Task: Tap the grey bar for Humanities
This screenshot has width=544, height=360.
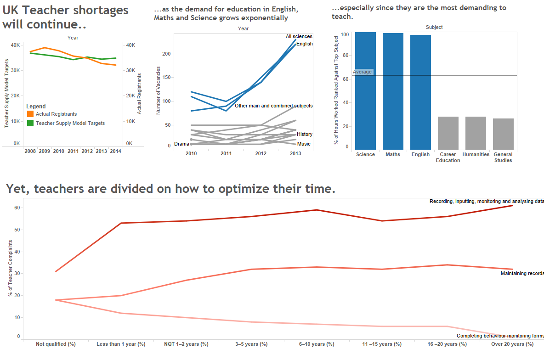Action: pos(476,133)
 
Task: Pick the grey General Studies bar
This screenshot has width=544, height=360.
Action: pos(503,134)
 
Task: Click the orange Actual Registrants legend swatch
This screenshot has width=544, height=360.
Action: pos(30,114)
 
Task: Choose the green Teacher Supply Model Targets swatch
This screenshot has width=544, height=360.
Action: pos(30,123)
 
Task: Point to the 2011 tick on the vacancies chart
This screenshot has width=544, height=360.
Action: pos(226,154)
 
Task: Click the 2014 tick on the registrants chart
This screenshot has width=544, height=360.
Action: pos(116,151)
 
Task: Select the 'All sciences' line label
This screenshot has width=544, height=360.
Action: pos(299,37)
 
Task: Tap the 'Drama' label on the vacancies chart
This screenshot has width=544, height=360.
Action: pos(181,144)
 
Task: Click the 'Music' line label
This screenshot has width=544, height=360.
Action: pos(304,144)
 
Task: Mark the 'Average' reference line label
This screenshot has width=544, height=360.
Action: pos(363,72)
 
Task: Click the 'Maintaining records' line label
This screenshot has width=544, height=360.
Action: pos(522,274)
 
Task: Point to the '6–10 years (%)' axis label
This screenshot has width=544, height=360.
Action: pos(317,344)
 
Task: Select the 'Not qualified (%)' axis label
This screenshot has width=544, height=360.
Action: pos(56,344)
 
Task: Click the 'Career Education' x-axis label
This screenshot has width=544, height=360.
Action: pos(448,157)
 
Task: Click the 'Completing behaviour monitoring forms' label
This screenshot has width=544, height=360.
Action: pos(500,336)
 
